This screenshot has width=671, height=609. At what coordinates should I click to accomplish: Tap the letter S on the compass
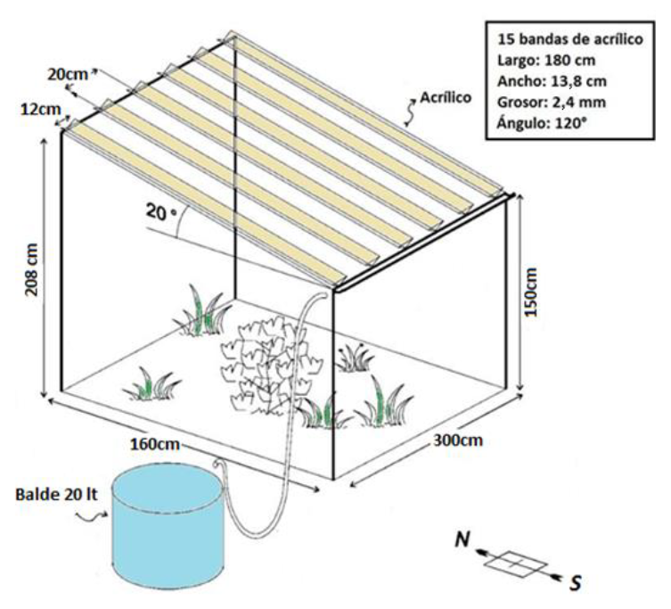click(x=576, y=581)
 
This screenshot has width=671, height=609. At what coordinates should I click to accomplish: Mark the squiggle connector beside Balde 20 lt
click(x=90, y=512)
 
